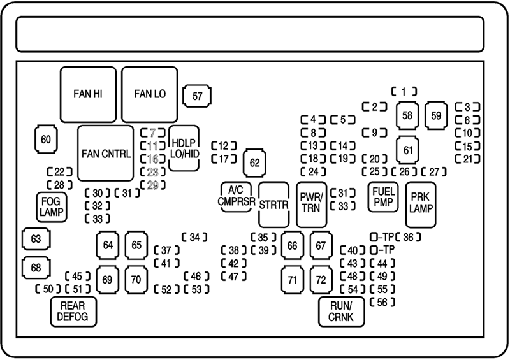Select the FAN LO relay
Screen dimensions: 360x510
150,94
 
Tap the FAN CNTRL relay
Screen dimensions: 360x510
106,154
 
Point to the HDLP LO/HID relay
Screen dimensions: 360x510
184,148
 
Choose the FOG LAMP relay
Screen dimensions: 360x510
51,206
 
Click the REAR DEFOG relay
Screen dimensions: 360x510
73,310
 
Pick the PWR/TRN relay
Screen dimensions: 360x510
312,205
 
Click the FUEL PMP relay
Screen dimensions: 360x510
382,197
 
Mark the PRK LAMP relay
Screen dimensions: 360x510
421,203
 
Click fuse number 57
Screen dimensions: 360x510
197,96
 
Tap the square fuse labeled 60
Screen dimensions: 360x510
45,140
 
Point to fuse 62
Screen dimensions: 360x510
255,163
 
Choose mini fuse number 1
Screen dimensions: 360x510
404,91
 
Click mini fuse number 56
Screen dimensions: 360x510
382,301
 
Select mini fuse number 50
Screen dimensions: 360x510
47,289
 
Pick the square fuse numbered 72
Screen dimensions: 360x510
322,280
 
